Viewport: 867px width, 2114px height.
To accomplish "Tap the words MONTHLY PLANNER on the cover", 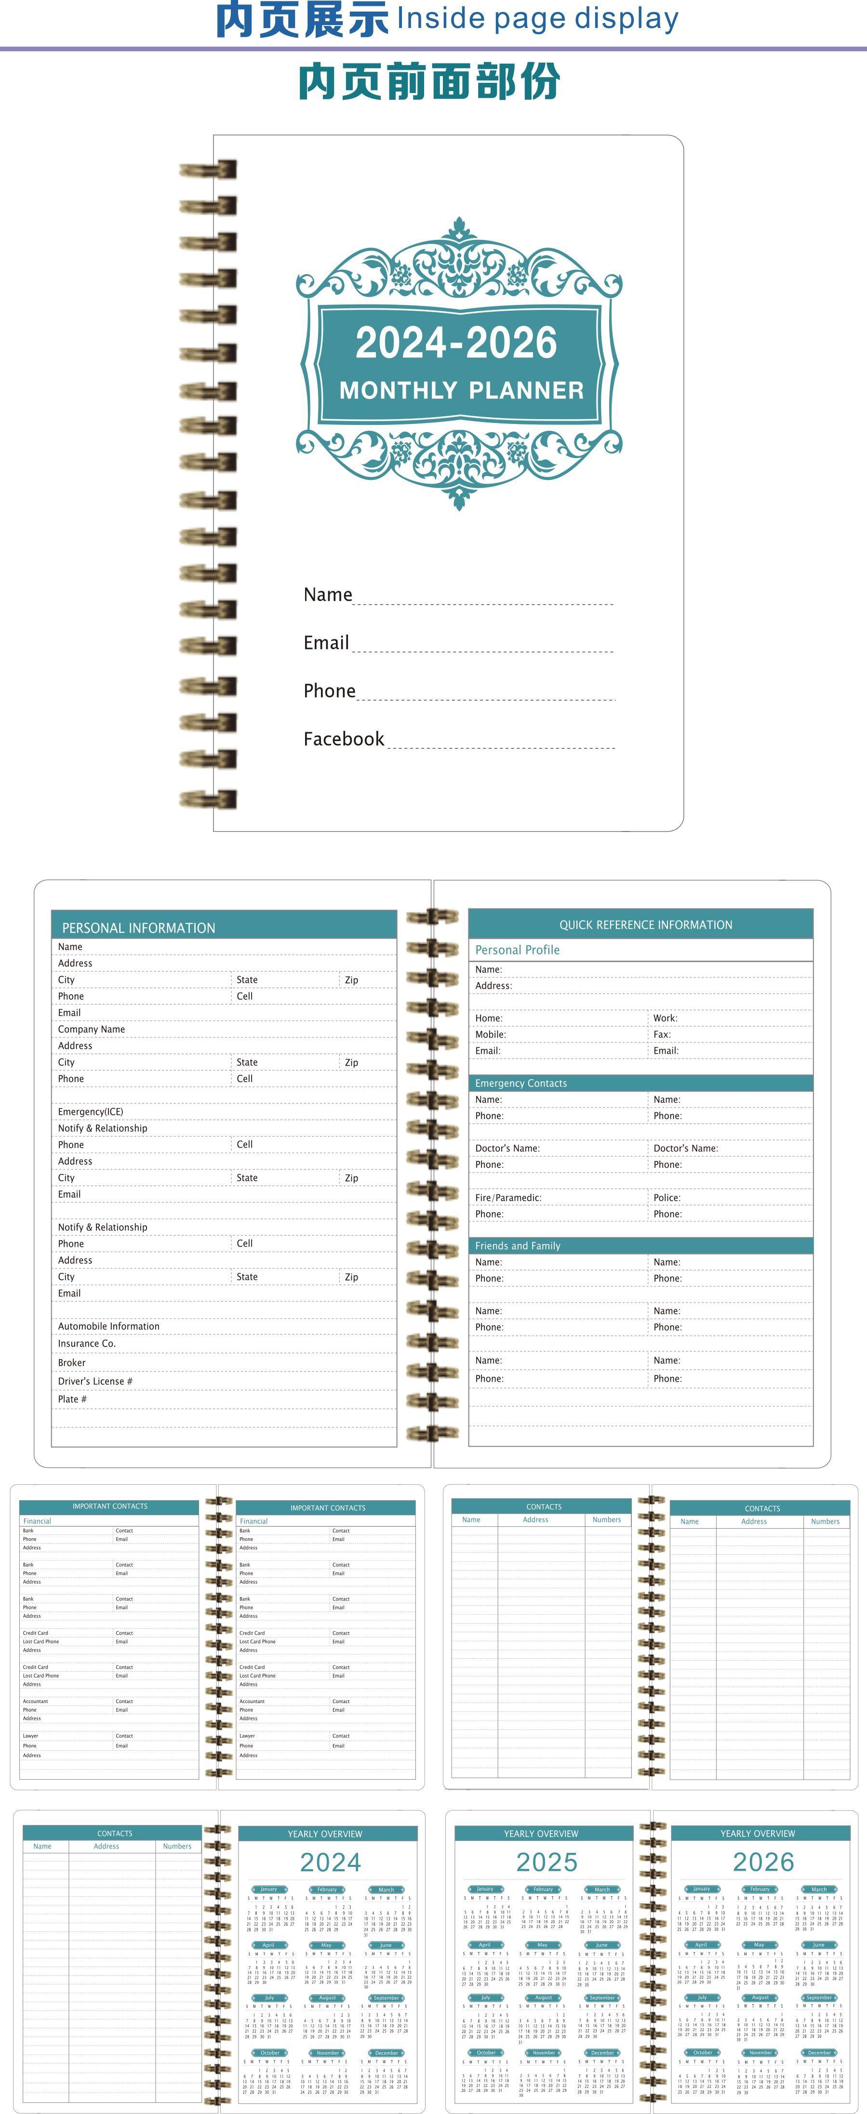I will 461,390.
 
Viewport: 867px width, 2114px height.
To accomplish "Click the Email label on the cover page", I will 326,643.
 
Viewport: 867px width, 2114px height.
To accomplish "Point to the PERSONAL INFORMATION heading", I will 139,927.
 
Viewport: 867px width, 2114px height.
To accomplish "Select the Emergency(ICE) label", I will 90,1111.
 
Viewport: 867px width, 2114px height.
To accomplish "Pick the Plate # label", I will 72,1399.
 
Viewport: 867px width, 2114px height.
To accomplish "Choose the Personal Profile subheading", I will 517,950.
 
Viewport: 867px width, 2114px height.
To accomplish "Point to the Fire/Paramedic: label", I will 508,1197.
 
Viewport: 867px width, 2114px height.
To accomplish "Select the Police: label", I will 667,1197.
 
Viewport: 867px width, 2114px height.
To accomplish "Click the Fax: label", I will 662,1034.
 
